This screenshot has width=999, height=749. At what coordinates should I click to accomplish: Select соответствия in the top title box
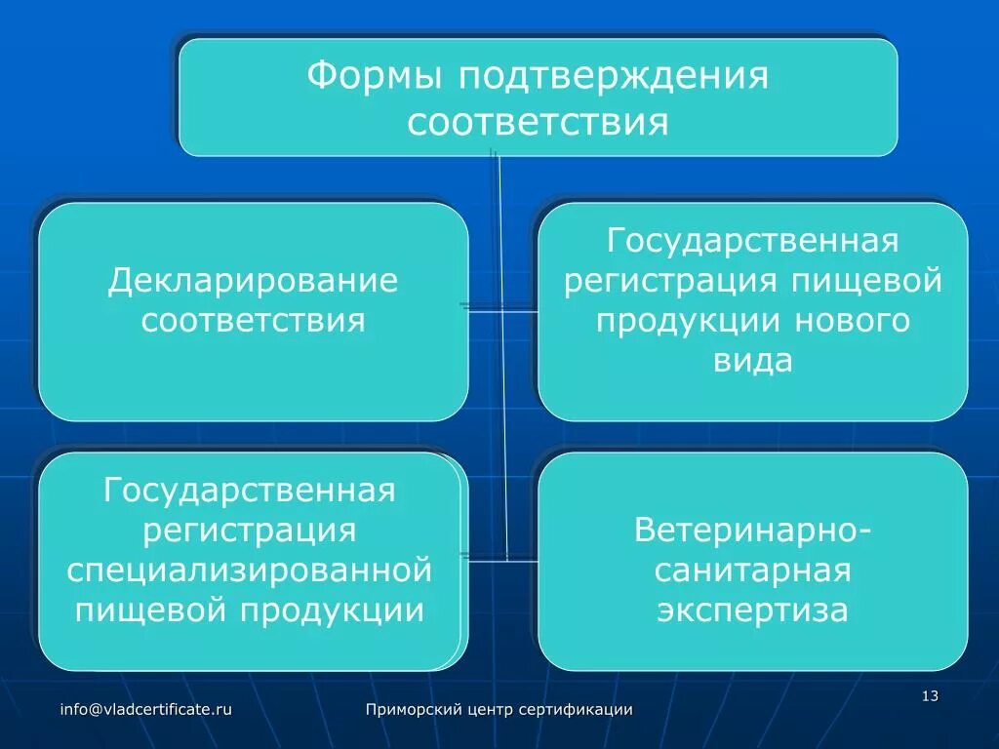tap(538, 124)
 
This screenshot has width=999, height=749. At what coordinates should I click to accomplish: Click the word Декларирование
tap(253, 282)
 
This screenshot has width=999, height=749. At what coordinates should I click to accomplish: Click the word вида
tap(752, 361)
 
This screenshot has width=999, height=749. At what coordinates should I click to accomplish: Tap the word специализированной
tap(250, 570)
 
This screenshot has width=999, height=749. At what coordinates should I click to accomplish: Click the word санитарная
tap(753, 571)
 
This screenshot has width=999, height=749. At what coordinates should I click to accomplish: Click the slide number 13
tap(929, 695)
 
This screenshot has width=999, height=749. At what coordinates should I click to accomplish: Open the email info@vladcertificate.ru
tap(145, 710)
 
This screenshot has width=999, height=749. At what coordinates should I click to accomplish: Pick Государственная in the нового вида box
tap(752, 241)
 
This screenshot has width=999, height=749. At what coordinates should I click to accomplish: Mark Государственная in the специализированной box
tap(250, 491)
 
